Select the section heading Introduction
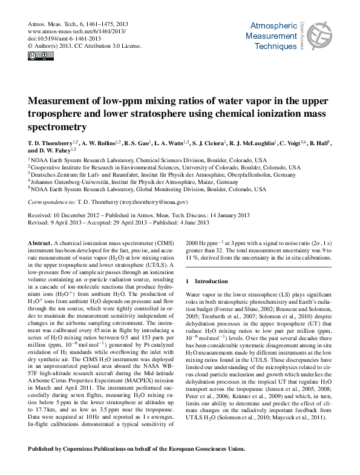point(211,281)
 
